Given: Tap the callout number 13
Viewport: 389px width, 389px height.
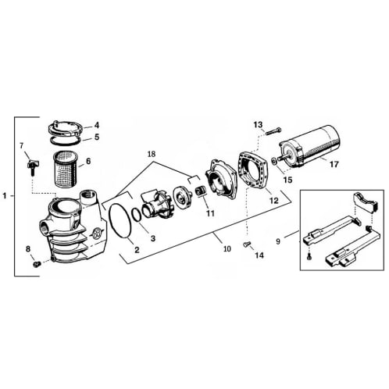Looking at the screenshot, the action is pyautogui.click(x=259, y=125).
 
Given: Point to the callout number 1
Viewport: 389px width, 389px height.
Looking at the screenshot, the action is pyautogui.click(x=5, y=195).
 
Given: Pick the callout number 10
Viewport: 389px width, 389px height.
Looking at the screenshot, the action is pyautogui.click(x=226, y=249).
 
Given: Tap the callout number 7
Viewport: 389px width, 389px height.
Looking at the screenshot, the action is pyautogui.click(x=23, y=145).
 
